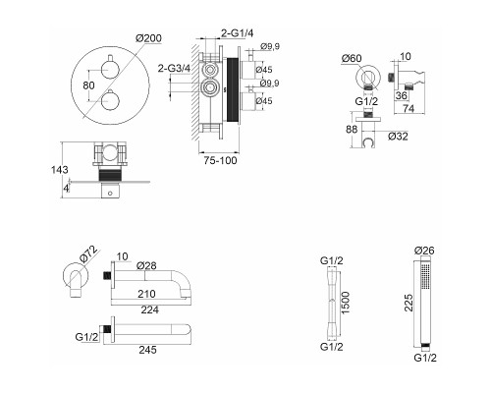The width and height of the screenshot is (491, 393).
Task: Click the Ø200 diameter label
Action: coord(148,38)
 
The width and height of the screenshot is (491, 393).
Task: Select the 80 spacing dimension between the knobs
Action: coord(88,85)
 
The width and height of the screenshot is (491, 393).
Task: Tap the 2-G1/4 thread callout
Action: coord(238,33)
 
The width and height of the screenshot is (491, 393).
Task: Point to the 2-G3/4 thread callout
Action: coord(174,69)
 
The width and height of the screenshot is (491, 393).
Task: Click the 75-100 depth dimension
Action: coord(220,161)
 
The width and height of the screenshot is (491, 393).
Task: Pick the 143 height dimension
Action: coord(60,170)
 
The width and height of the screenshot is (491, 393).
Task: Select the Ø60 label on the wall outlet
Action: coord(352,58)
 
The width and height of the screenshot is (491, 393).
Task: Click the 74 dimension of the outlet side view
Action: coord(409,108)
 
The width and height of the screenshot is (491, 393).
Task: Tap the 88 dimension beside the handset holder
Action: coord(352,130)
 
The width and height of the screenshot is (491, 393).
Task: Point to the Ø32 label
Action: coord(398,136)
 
